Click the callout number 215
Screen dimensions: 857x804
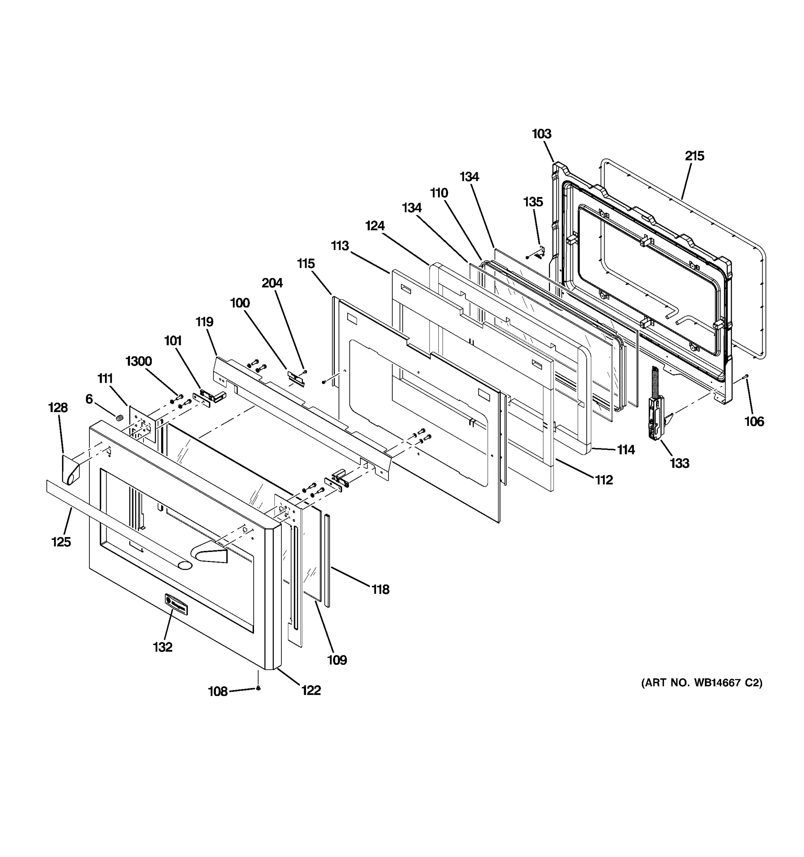pyautogui.click(x=694, y=156)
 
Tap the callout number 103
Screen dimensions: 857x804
pyautogui.click(x=541, y=134)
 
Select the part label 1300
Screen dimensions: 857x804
pyautogui.click(x=138, y=361)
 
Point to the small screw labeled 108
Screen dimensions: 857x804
pyautogui.click(x=258, y=688)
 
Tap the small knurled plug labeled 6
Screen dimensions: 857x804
pyautogui.click(x=119, y=417)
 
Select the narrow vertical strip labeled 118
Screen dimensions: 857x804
pyautogui.click(x=327, y=560)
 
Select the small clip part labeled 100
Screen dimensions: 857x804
pyautogui.click(x=296, y=379)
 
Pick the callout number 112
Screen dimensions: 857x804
pyautogui.click(x=604, y=480)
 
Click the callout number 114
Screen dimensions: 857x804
pyautogui.click(x=625, y=450)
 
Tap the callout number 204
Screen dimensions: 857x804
pyautogui.click(x=272, y=283)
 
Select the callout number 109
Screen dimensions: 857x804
pyautogui.click(x=337, y=660)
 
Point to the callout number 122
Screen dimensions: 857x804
pyautogui.click(x=311, y=690)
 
